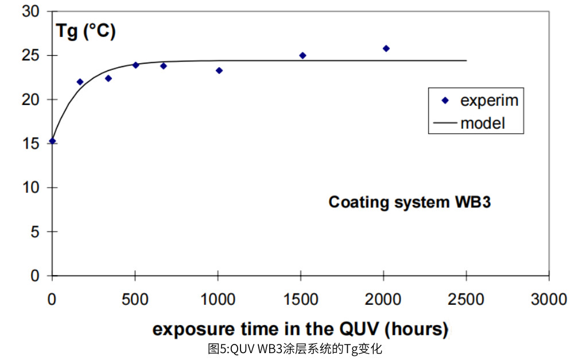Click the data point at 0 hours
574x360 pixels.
tap(52, 141)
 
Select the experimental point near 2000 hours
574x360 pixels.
tap(386, 49)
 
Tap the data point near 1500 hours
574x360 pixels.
tap(302, 56)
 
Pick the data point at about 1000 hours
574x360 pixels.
tap(219, 71)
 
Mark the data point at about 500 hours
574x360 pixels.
tap(135, 65)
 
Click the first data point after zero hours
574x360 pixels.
tap(80, 82)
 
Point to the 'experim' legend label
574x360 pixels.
tap(489, 100)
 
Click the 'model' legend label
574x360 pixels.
tap(483, 122)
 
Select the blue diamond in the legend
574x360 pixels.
tap(445, 100)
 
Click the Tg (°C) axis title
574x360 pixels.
tap(85, 31)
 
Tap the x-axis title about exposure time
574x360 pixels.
tap(300, 329)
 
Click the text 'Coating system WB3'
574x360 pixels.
tap(409, 202)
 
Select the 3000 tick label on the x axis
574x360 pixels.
tap(549, 299)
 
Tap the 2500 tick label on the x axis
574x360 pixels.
tap(466, 299)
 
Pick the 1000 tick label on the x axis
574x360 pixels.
tap(218, 299)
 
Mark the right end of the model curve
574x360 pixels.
tap(466, 60)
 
